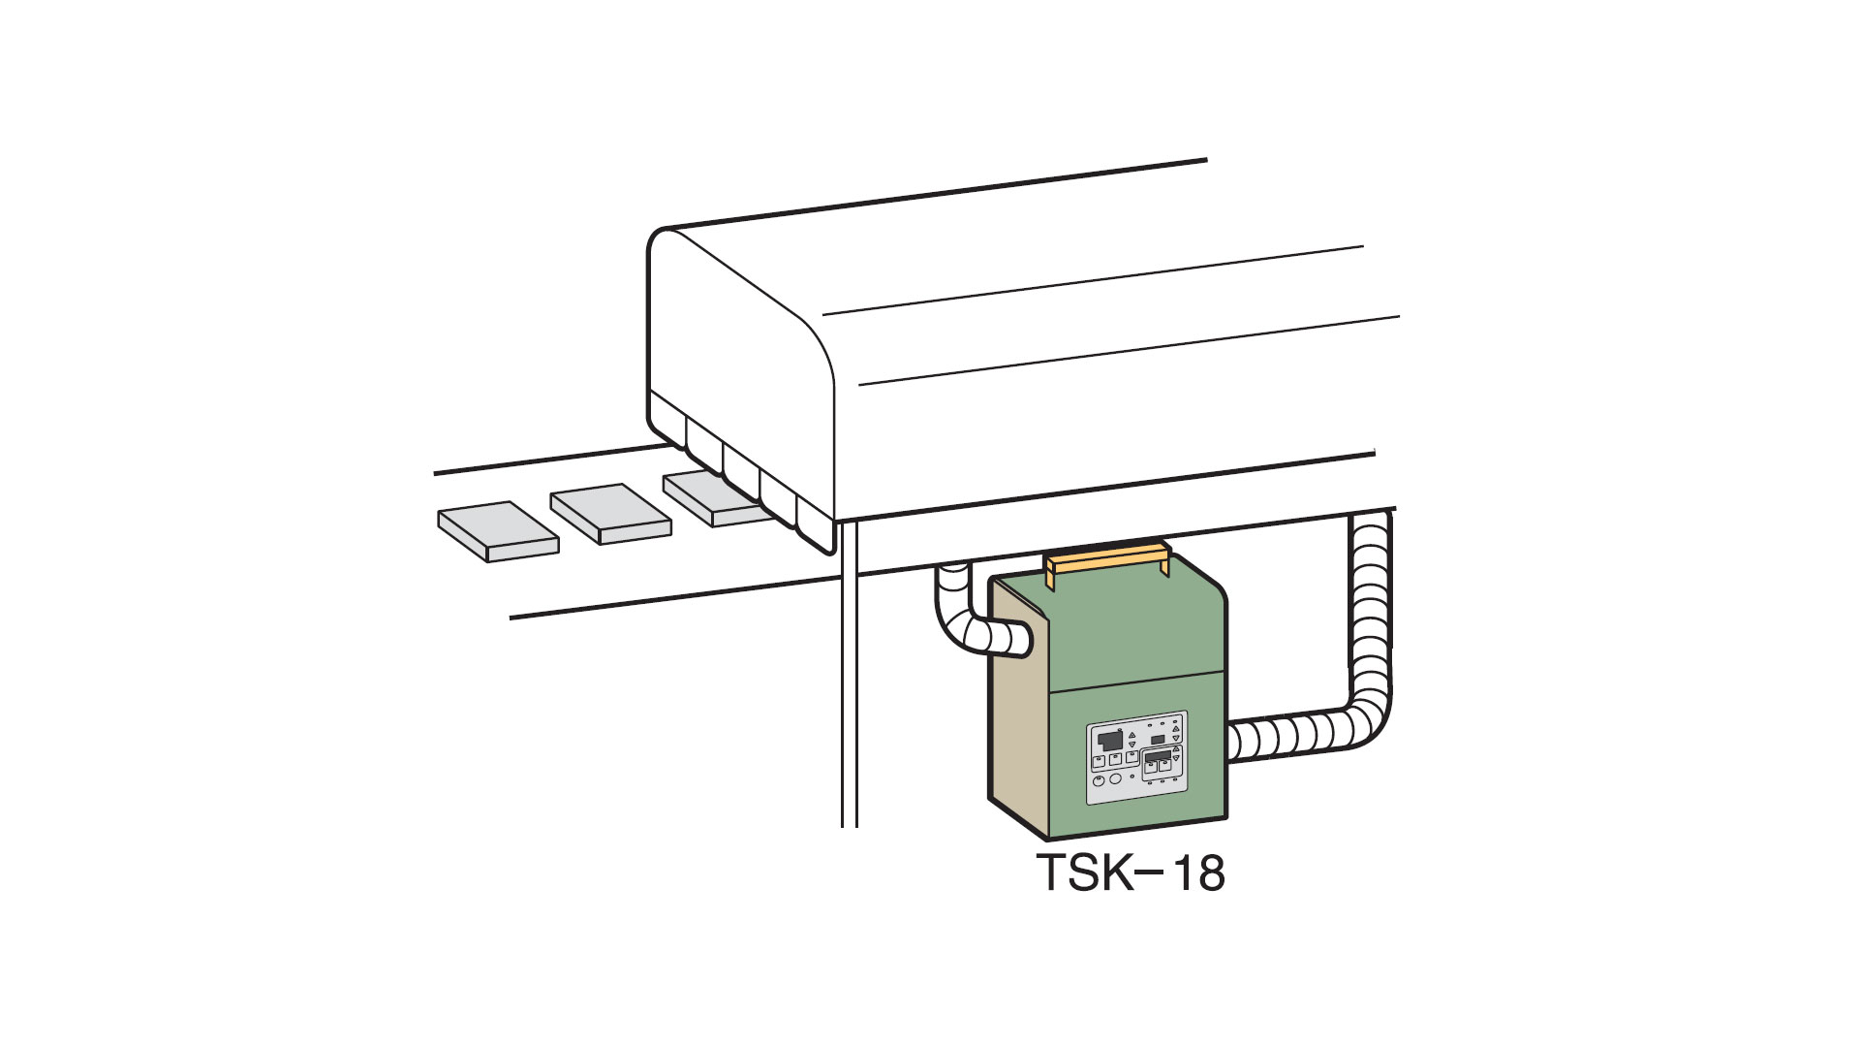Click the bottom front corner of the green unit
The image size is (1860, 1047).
(1049, 839)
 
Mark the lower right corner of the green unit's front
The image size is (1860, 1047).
(1226, 818)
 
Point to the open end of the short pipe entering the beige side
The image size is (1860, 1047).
(1022, 641)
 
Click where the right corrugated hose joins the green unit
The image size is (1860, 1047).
(1231, 743)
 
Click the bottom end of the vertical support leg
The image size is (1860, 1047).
(850, 826)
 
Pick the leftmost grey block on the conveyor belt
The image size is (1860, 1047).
(498, 531)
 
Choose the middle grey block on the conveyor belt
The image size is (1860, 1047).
(610, 514)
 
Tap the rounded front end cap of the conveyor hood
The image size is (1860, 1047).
(741, 388)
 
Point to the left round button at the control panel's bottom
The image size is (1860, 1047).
(1098, 781)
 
